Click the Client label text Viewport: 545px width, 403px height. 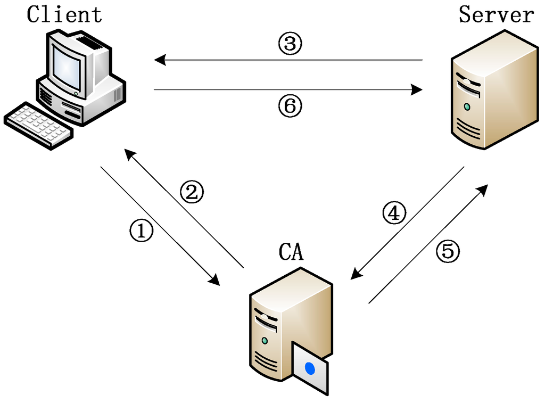click(64, 14)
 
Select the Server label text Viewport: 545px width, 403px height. click(496, 14)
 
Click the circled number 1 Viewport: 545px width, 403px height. click(142, 231)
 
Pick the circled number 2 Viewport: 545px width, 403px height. click(192, 192)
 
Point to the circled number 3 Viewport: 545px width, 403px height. click(290, 44)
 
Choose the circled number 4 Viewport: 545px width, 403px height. click(394, 213)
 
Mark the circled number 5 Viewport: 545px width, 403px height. click(448, 251)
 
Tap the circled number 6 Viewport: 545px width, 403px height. click(290, 107)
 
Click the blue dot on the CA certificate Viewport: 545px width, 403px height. click(310, 368)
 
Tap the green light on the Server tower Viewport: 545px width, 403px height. click(467, 106)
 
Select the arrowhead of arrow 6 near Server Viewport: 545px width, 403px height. click(417, 91)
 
